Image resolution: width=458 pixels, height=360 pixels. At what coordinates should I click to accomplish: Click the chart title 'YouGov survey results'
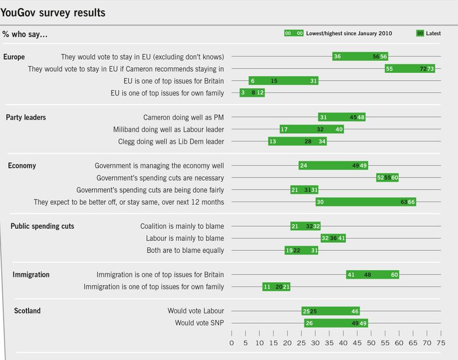coord(53,13)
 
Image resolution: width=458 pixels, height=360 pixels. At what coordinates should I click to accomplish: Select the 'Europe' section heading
coord(14,57)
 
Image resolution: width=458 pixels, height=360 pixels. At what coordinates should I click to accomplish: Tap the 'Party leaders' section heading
coord(26,117)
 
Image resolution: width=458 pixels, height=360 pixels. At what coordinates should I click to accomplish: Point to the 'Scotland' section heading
coord(27,311)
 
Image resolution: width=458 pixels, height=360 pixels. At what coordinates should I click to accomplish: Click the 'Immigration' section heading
coord(31,275)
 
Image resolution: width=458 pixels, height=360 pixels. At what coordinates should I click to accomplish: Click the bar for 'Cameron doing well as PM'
coord(341,117)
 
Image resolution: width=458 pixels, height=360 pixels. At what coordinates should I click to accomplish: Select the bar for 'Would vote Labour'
coord(331,311)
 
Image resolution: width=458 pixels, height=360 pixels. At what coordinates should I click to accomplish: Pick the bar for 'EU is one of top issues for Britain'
coord(283,81)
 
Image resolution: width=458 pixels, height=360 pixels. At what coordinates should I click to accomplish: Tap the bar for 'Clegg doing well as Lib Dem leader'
coord(297,142)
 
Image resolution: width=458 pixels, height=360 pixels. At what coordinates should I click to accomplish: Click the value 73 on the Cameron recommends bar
coord(431,69)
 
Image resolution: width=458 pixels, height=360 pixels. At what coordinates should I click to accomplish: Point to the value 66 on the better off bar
coord(411,202)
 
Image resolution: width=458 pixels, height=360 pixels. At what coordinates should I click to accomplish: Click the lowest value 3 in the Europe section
coord(243,93)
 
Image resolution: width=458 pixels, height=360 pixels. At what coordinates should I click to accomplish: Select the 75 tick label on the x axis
coord(440,344)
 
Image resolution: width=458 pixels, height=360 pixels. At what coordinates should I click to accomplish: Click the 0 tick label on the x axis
coord(232,344)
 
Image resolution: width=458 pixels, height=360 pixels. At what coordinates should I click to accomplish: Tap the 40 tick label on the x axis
coord(343,344)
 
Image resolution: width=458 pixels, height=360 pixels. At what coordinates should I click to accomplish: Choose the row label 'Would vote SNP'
coord(199,323)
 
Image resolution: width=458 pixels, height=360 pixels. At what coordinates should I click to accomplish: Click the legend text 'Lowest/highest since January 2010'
coord(349,34)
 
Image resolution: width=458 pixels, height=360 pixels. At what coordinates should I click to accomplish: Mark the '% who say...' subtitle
coord(25,35)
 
